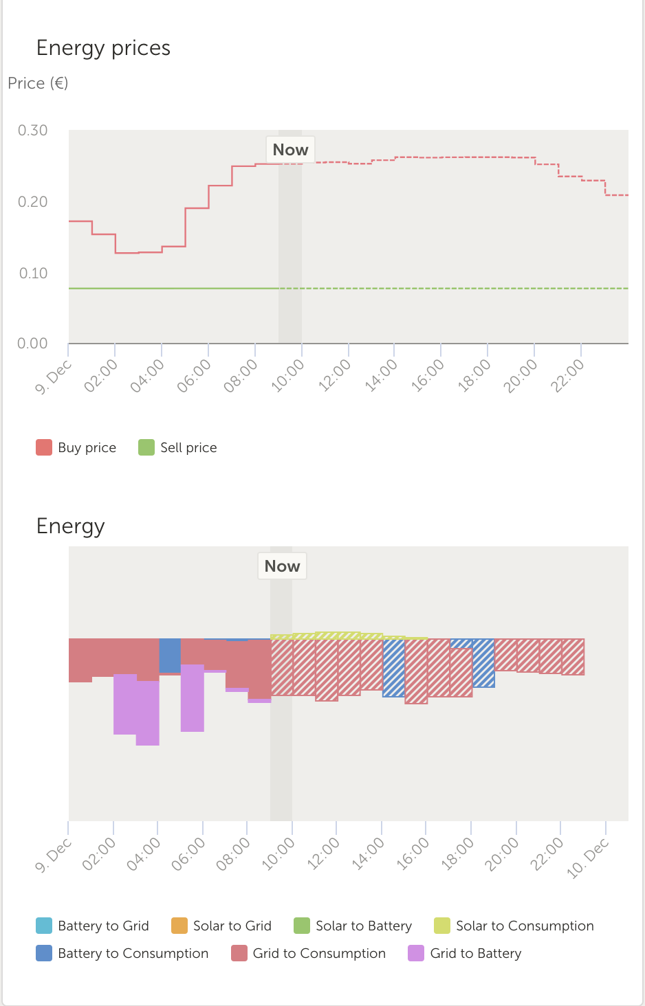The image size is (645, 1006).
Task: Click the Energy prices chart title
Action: click(103, 48)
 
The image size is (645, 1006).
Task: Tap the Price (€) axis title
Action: click(38, 83)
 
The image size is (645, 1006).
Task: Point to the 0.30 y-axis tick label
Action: click(33, 131)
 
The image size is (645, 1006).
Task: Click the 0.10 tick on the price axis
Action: click(33, 273)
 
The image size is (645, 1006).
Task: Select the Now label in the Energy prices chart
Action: click(290, 150)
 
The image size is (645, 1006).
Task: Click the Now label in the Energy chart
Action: click(282, 566)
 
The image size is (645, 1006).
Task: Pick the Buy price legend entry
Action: click(76, 447)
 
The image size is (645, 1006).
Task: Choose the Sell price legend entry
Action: click(177, 447)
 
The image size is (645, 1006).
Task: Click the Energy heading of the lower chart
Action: click(70, 526)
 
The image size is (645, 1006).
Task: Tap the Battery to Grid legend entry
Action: click(92, 926)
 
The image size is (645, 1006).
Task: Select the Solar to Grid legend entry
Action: click(221, 926)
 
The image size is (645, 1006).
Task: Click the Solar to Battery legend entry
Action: click(353, 926)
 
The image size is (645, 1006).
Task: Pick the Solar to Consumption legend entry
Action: click(514, 926)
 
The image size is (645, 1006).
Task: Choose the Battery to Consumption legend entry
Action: click(122, 953)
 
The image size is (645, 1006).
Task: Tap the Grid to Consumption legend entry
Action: click(308, 953)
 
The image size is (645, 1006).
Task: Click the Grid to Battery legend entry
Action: click(465, 953)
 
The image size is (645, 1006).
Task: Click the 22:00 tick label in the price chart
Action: click(568, 375)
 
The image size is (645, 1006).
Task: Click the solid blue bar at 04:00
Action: click(170, 656)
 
